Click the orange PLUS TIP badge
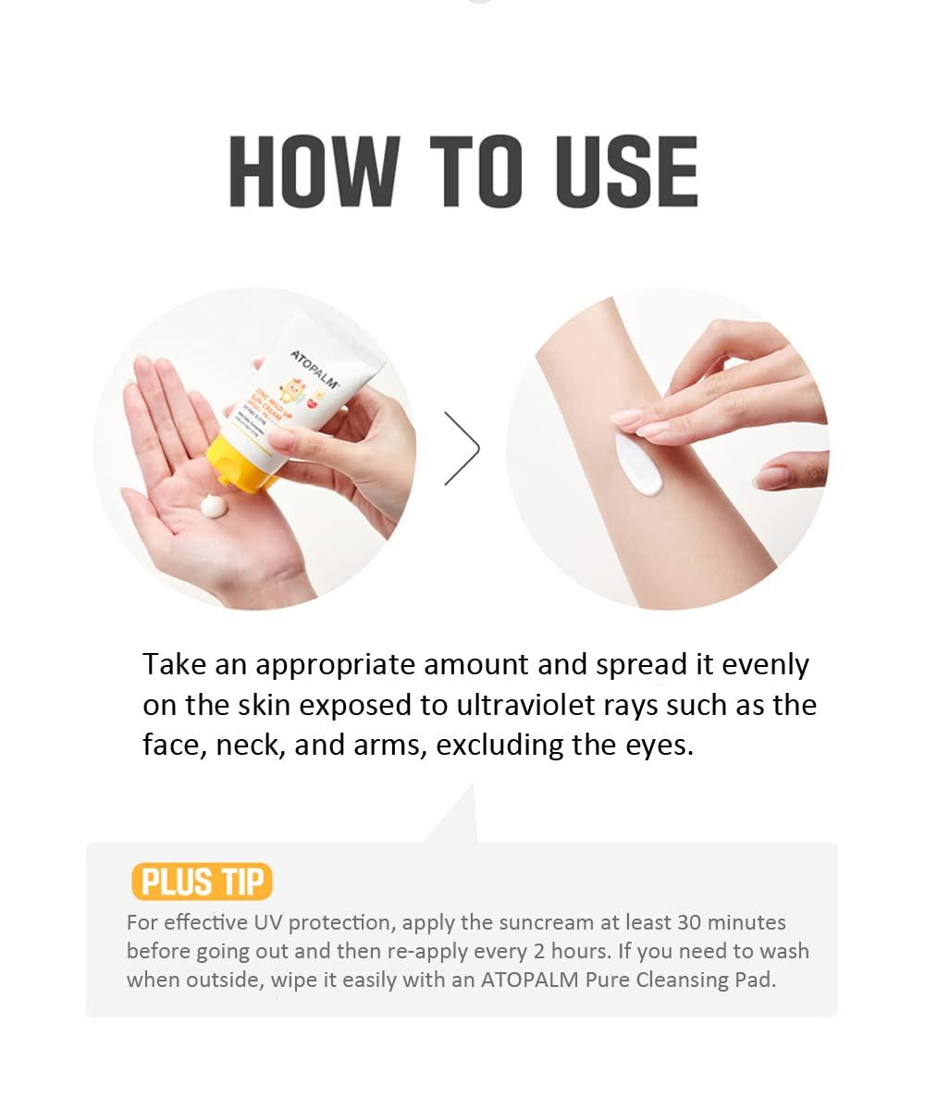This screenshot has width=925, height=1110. (x=202, y=882)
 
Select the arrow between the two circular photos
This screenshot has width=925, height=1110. (x=462, y=449)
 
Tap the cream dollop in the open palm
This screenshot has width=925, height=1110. (x=214, y=506)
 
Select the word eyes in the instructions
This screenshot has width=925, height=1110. (x=658, y=745)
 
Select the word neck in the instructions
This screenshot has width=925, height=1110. (x=247, y=745)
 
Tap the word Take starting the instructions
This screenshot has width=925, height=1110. (x=174, y=665)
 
